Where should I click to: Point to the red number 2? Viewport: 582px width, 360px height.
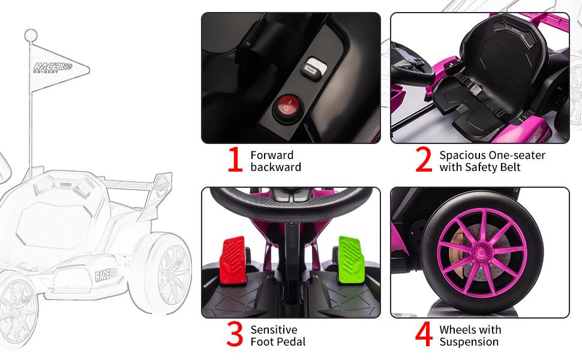coord(424,160)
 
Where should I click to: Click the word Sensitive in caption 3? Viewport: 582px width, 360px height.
coord(274,329)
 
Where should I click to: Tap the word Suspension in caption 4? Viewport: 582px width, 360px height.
coord(469,342)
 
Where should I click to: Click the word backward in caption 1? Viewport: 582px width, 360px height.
coord(276,167)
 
